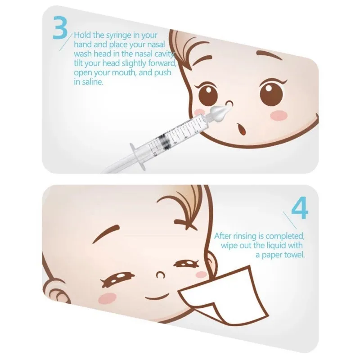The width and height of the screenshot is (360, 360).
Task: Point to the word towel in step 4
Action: tap(295, 254)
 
